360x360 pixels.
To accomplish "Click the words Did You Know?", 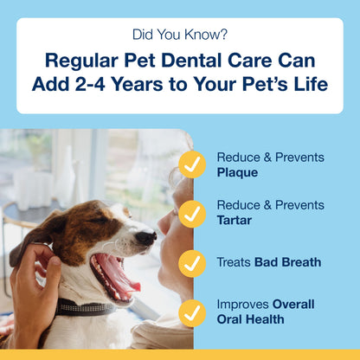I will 180,35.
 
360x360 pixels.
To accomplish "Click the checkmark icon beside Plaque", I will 191,164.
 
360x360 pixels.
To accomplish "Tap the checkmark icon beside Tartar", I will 191,212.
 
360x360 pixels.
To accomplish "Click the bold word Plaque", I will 236,173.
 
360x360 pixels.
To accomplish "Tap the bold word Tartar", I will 235,221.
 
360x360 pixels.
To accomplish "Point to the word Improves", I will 242,303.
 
